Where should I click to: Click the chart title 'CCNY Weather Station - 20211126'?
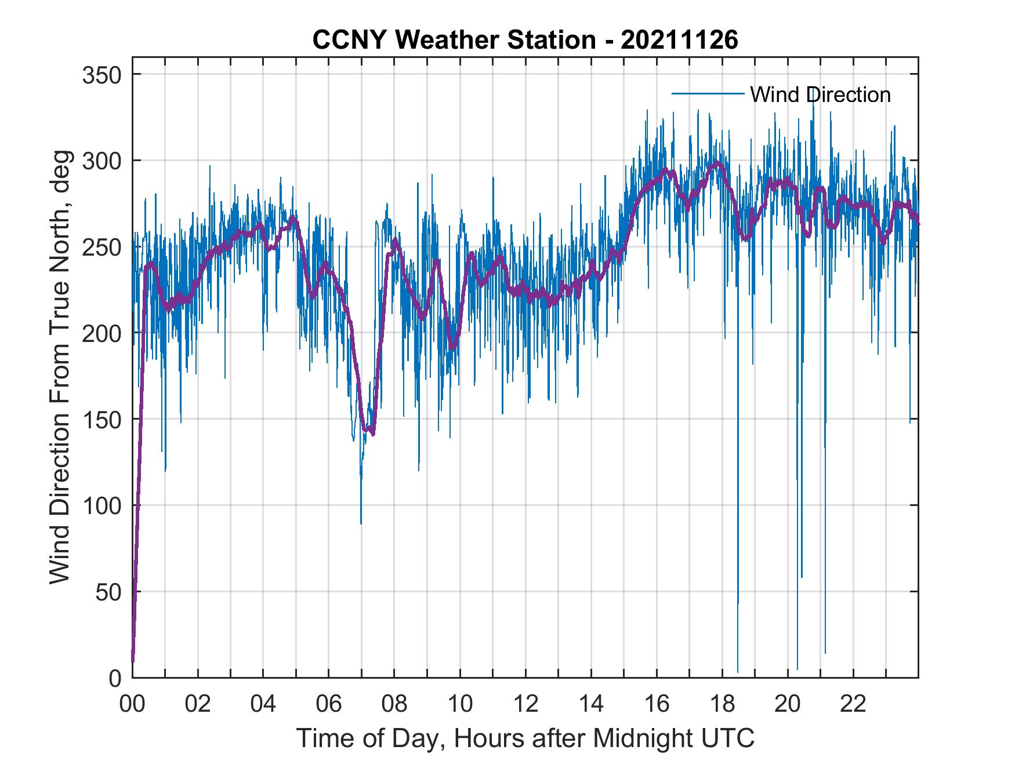525,40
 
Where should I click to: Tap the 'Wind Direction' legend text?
820,94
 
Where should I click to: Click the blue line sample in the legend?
708,94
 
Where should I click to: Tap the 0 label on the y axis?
116,678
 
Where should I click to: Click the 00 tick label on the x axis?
132,705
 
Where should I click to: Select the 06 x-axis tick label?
329,705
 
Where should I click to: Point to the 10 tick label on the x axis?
460,705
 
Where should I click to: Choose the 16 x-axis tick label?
657,705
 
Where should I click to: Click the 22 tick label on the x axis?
853,705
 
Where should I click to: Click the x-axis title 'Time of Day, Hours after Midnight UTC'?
525,738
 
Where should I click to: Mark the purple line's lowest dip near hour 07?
372,434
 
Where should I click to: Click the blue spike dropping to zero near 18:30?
738,669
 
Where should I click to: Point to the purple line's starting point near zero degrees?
133,661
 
